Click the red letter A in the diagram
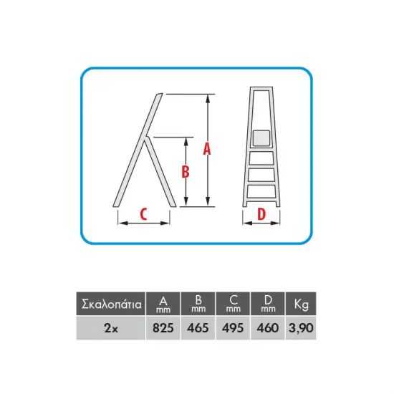tap(207, 148)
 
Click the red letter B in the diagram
tap(186, 172)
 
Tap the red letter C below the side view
tap(143, 214)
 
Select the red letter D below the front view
tap(261, 214)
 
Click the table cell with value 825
tap(163, 328)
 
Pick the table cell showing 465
tap(198, 328)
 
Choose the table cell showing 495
tap(233, 328)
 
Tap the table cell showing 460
tap(268, 328)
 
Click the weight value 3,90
tap(301, 328)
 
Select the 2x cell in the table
tap(111, 328)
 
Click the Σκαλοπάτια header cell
tap(111, 304)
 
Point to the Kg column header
tap(301, 304)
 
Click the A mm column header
tap(163, 304)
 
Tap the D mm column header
tap(268, 304)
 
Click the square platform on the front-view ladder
tap(261, 138)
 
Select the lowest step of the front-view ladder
tap(261, 192)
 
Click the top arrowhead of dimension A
tap(208, 99)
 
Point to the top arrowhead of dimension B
tap(186, 142)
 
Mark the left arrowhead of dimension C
tap(122, 223)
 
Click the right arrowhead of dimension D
tap(275, 223)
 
